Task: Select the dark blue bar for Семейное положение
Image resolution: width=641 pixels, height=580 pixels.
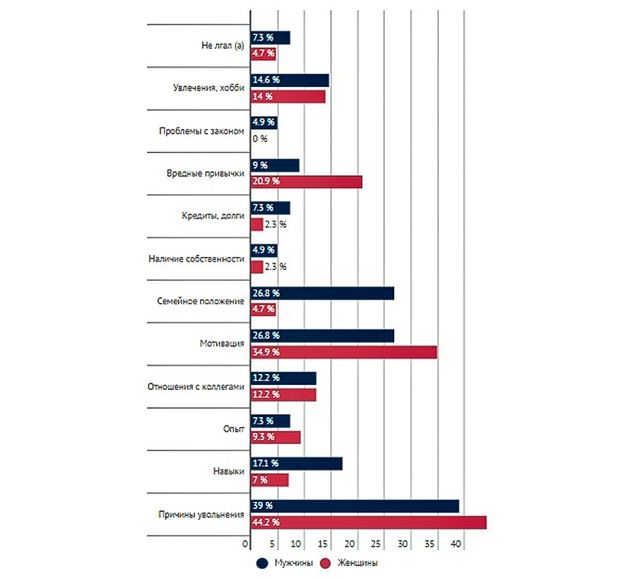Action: coord(321,293)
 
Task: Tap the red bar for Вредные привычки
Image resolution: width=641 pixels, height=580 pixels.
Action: coord(306,181)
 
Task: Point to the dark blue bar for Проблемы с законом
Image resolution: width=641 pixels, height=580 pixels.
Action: coord(263,123)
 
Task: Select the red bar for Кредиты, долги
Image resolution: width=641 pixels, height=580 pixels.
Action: coord(256,224)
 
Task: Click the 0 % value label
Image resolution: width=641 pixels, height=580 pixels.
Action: coord(260,139)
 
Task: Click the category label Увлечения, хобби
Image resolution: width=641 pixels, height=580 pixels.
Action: coord(208,88)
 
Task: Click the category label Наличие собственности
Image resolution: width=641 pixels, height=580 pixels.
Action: coord(196,259)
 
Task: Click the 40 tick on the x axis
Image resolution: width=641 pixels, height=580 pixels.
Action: coord(457,543)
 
